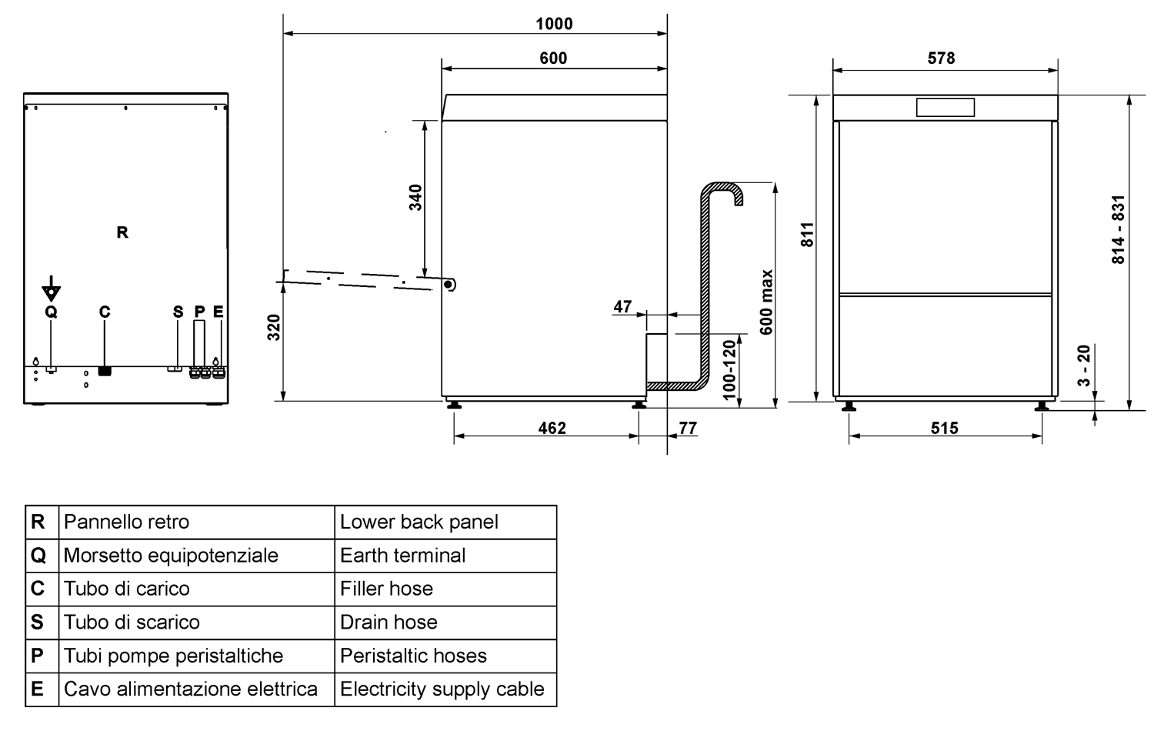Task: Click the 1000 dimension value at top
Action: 554,24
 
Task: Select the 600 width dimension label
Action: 553,58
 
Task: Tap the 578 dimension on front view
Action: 941,58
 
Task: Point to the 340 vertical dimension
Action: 415,198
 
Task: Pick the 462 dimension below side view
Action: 552,428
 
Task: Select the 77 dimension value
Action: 688,428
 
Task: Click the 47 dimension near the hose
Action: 622,306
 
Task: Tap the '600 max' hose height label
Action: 766,302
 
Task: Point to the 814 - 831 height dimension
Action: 1118,229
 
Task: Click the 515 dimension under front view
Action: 944,428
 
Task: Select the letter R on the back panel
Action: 122,232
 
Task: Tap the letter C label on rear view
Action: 105,312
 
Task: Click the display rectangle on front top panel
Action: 945,107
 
